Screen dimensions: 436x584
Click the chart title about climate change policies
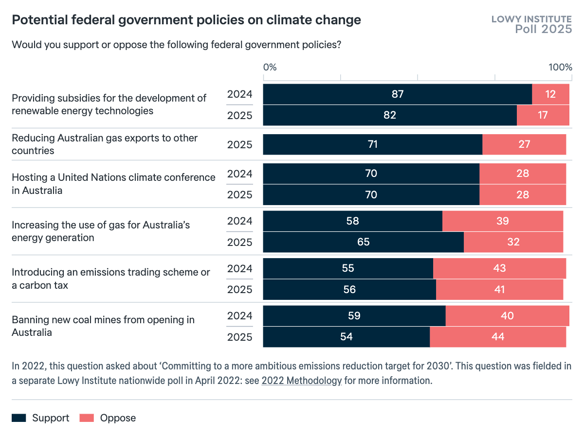186,20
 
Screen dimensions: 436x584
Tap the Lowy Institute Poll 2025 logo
531,24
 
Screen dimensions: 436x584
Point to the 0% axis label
270,67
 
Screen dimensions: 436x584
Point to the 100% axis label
560,67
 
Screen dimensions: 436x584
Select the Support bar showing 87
397,94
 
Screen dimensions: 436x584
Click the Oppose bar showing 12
550,94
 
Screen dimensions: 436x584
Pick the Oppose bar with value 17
543,115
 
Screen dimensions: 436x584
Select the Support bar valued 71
372,144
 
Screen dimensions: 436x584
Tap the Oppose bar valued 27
524,144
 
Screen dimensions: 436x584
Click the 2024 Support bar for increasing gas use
352,221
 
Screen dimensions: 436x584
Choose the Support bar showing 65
363,242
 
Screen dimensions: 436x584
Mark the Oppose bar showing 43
499,268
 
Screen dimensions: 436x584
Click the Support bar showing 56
349,290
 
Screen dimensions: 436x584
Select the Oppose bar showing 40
507,316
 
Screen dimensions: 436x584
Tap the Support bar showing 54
346,337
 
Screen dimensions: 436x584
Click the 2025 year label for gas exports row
240,144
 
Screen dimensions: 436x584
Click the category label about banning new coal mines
103,326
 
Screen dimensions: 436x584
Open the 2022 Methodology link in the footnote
302,381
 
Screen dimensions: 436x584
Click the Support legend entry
41,418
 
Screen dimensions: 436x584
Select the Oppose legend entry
108,418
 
